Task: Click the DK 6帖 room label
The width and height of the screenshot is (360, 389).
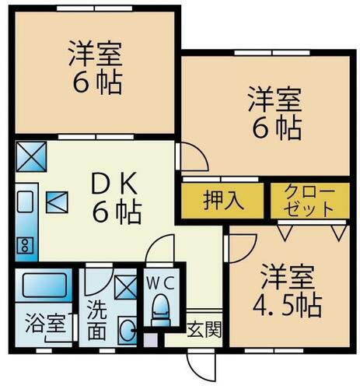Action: [115, 198]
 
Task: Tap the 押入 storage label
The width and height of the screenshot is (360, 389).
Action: [224, 200]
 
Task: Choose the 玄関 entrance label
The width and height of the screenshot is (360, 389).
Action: [204, 328]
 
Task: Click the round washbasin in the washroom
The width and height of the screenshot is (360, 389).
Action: [127, 331]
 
